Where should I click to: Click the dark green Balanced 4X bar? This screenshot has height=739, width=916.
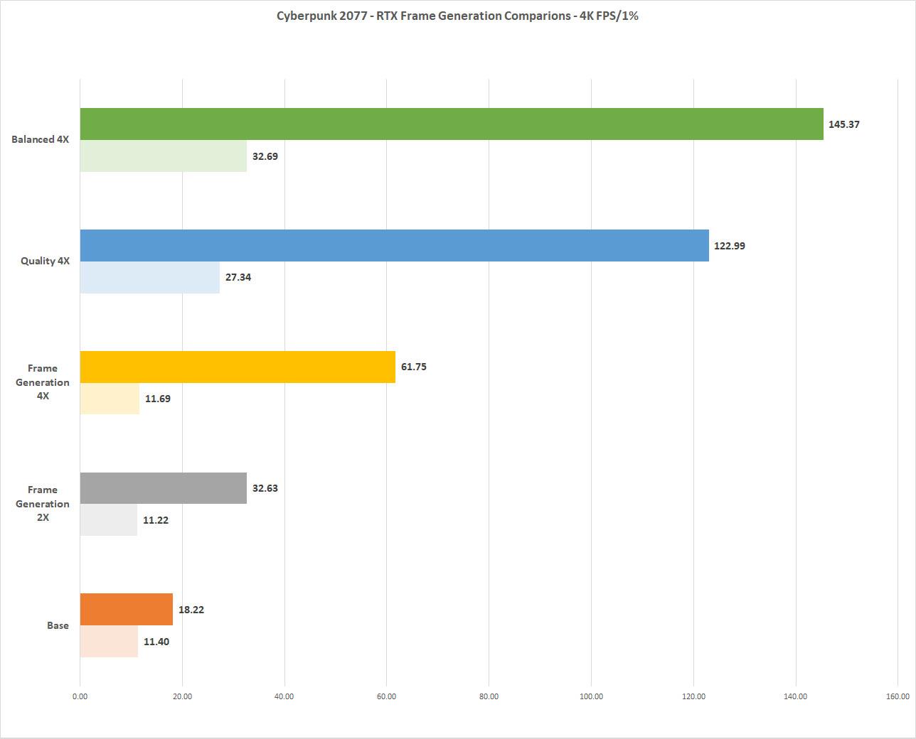click(452, 124)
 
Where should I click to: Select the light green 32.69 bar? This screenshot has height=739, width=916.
click(164, 156)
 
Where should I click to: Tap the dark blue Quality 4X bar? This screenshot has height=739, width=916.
click(395, 245)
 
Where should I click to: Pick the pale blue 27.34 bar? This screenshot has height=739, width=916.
click(150, 277)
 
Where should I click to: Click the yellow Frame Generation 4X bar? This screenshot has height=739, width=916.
click(238, 367)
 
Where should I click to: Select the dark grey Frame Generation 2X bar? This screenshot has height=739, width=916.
click(164, 488)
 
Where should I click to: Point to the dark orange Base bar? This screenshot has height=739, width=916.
click(127, 609)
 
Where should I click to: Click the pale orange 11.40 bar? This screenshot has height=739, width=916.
click(109, 641)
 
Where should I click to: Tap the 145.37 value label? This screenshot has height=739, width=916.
click(844, 124)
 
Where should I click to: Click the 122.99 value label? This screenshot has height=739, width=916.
click(730, 246)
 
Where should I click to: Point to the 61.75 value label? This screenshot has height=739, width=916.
click(414, 367)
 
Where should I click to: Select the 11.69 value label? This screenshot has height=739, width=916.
click(158, 399)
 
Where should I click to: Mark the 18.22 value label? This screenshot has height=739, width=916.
click(191, 610)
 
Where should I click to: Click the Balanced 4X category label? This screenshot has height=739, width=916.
click(41, 139)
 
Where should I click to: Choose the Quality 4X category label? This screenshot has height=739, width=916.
click(45, 261)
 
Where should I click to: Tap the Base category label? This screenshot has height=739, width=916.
click(58, 625)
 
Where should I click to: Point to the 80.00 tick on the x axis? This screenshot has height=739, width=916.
click(489, 696)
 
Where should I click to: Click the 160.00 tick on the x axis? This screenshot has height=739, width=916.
click(898, 696)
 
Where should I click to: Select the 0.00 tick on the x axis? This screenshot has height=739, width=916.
click(80, 696)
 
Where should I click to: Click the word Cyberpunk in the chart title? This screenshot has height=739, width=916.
click(304, 16)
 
